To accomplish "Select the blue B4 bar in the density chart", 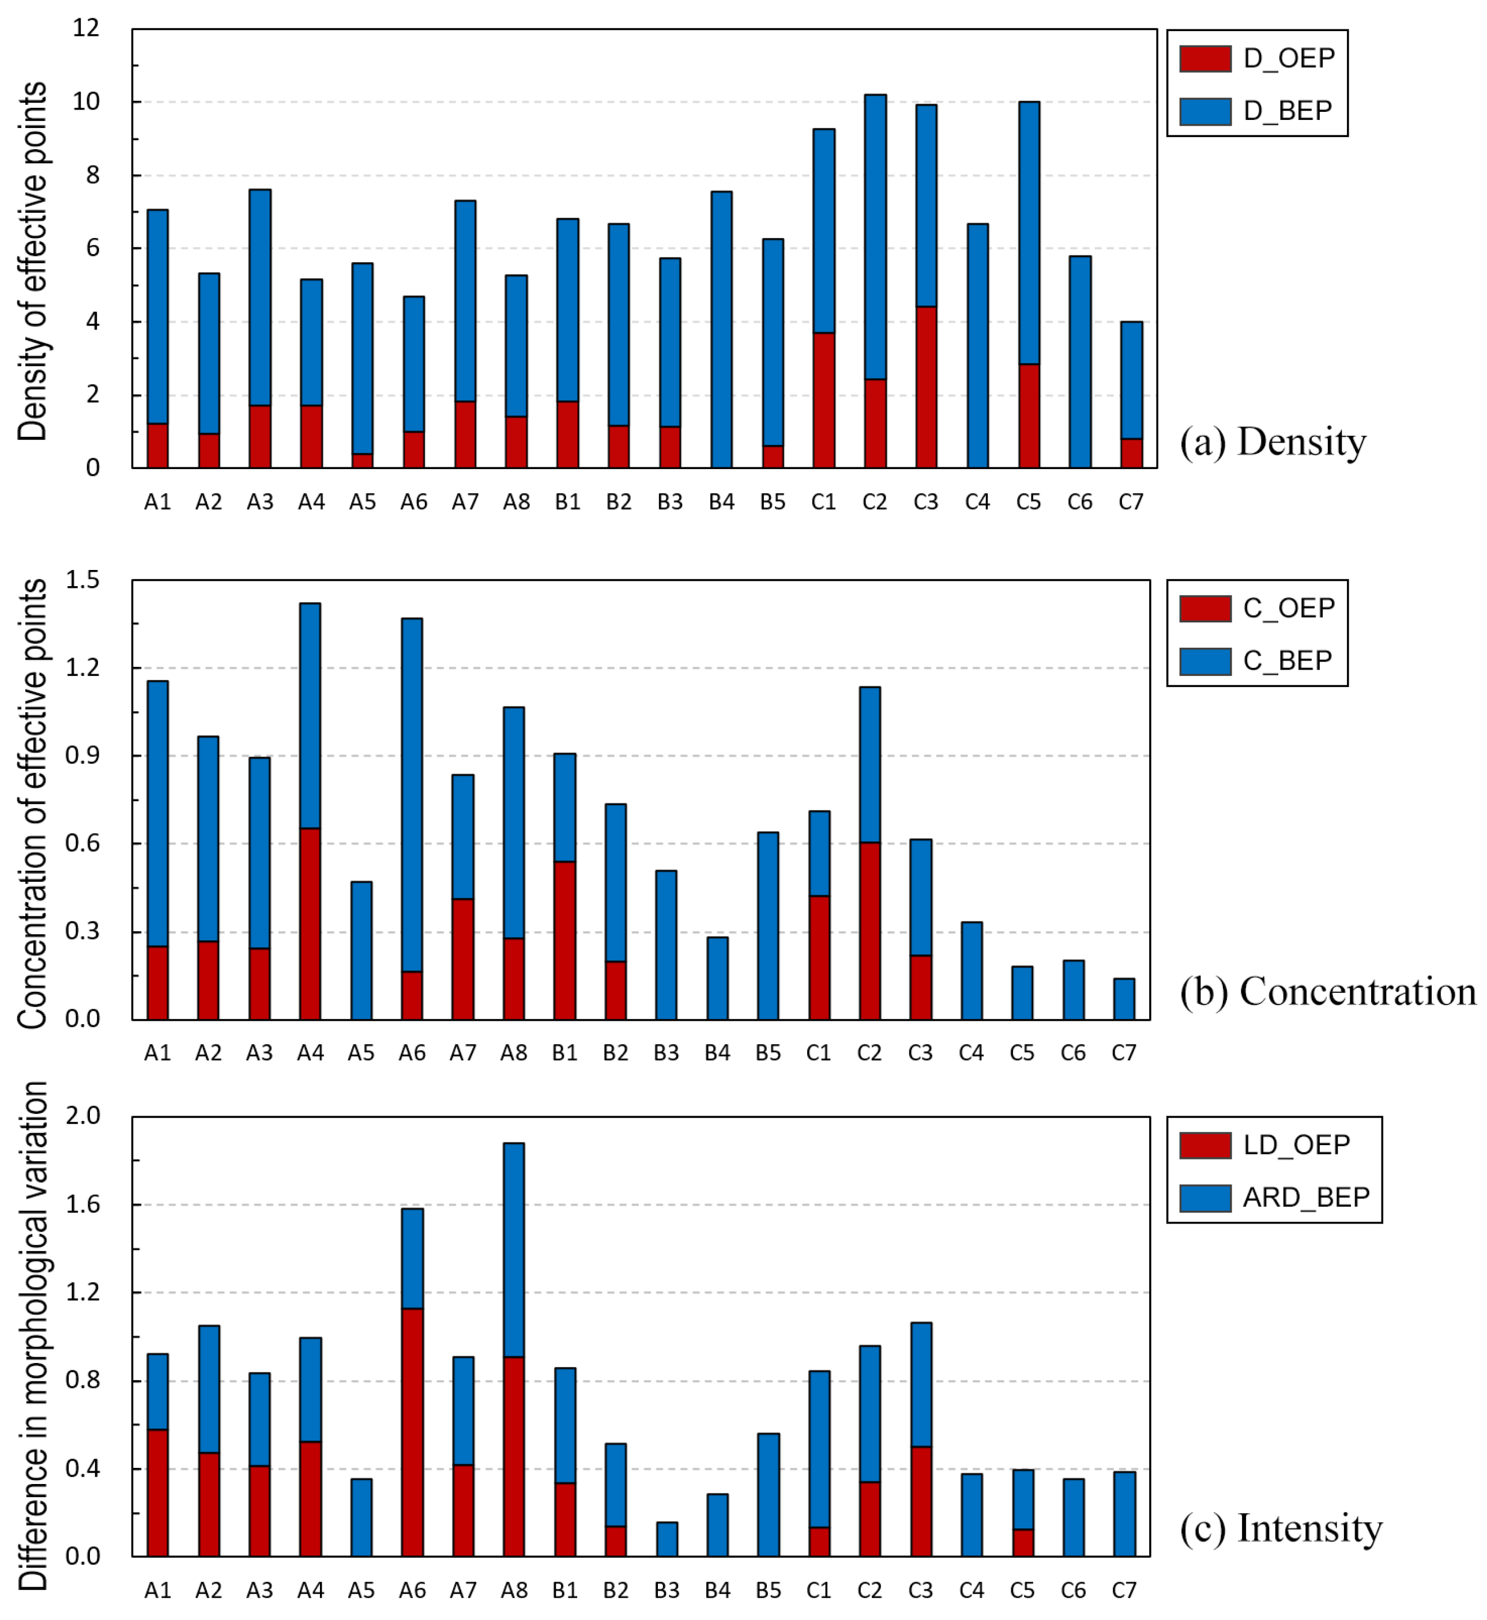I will pyautogui.click(x=722, y=330).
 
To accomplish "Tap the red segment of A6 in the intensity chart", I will pyautogui.click(x=412, y=1432).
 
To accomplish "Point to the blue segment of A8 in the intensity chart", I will pyautogui.click(x=514, y=1250).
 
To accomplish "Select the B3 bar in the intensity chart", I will pyautogui.click(x=667, y=1539).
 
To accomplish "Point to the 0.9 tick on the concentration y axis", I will pyautogui.click(x=83, y=756).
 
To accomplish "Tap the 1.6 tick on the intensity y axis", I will pyautogui.click(x=83, y=1204).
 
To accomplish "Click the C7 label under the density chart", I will pyautogui.click(x=1131, y=503).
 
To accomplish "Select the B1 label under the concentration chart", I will pyautogui.click(x=565, y=1053).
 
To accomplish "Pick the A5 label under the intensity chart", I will pyautogui.click(x=362, y=1589).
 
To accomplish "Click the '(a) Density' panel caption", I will pyautogui.click(x=1273, y=441).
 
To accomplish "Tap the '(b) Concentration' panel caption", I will pyautogui.click(x=1328, y=992).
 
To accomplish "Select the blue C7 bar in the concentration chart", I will pyautogui.click(x=1124, y=999).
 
